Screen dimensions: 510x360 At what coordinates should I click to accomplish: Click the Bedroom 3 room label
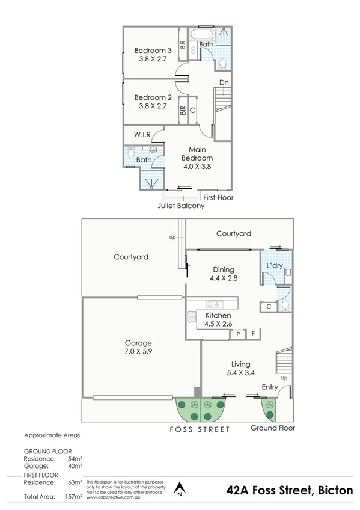tap(153, 51)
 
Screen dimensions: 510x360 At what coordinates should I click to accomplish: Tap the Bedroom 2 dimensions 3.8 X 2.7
tap(153, 107)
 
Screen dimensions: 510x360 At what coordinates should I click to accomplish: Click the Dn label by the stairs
tap(223, 82)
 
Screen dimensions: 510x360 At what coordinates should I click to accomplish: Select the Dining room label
tap(224, 269)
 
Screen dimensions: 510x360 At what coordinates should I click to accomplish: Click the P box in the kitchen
tap(238, 333)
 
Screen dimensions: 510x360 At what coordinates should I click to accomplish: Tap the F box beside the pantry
tap(254, 333)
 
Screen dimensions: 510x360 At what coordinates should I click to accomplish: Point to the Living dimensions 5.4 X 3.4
tap(240, 373)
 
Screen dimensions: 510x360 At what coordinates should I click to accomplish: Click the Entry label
tap(270, 387)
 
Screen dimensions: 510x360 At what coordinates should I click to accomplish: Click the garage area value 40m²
tap(75, 465)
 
